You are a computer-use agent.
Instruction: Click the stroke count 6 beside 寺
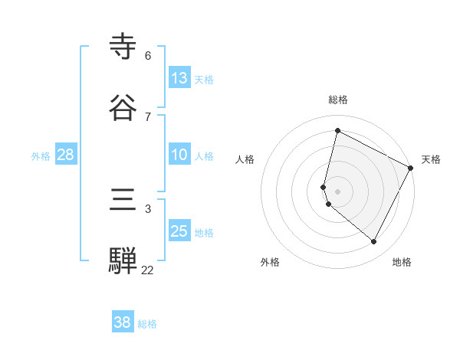tap(148, 56)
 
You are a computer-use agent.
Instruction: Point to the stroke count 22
tap(148, 270)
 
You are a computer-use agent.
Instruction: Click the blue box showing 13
tap(179, 78)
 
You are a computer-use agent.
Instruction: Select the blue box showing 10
tap(179, 155)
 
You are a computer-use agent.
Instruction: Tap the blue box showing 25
tap(179, 231)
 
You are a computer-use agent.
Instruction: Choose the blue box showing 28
tap(65, 155)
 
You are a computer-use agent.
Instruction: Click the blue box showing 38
tap(122, 322)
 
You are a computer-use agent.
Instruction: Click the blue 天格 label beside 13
tap(204, 80)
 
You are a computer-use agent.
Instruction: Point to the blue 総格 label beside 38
tap(147, 324)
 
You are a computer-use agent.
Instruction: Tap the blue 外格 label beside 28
tap(41, 156)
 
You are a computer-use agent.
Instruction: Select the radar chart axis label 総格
tap(338, 100)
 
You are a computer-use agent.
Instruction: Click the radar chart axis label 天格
tap(431, 159)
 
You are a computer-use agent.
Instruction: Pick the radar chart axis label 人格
tap(245, 159)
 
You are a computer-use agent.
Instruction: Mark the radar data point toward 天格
tap(411, 169)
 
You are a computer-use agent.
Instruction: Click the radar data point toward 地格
tap(373, 242)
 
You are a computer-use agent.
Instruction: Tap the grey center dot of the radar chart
tap(338, 191)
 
